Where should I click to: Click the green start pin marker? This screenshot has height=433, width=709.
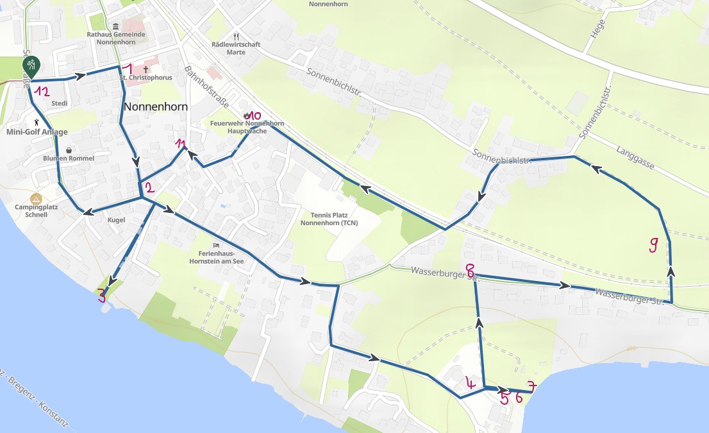click(x=31, y=65)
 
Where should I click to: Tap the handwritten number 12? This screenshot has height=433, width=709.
click(x=42, y=92)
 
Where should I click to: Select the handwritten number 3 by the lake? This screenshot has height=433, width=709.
click(x=101, y=296)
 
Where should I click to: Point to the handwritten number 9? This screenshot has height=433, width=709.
click(x=653, y=244)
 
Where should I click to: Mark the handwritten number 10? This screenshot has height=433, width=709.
click(x=254, y=115)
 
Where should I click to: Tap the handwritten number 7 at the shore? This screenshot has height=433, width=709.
click(x=531, y=386)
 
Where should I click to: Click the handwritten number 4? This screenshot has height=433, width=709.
click(x=471, y=384)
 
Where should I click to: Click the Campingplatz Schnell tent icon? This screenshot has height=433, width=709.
click(x=36, y=199)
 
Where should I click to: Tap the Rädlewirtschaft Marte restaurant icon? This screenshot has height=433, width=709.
click(x=236, y=37)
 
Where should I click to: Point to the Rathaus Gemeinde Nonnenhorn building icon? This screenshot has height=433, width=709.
click(x=115, y=26)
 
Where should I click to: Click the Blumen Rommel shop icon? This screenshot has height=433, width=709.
click(x=69, y=150)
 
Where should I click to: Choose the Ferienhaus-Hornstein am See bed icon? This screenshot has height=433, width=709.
click(x=217, y=245)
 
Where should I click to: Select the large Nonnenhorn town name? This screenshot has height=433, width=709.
click(x=156, y=106)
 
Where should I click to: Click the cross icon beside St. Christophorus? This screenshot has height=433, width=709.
click(x=146, y=69)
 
